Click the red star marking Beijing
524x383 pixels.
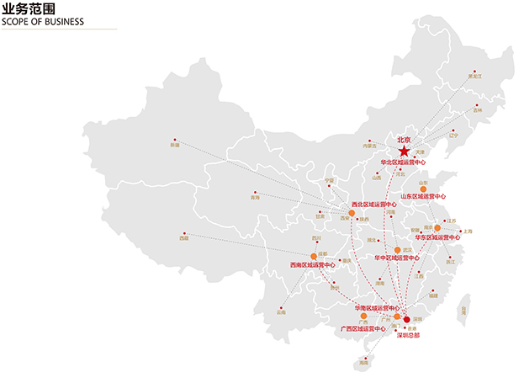point(405,150)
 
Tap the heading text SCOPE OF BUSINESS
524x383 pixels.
point(44,22)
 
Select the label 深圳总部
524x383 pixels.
point(407,334)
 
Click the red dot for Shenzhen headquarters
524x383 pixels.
point(406,320)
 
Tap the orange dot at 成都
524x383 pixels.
point(313,256)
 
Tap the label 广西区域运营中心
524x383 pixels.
point(363,328)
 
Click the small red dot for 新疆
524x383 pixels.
point(175,140)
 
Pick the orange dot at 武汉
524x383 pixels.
point(397,250)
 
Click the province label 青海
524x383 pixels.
point(255,198)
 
